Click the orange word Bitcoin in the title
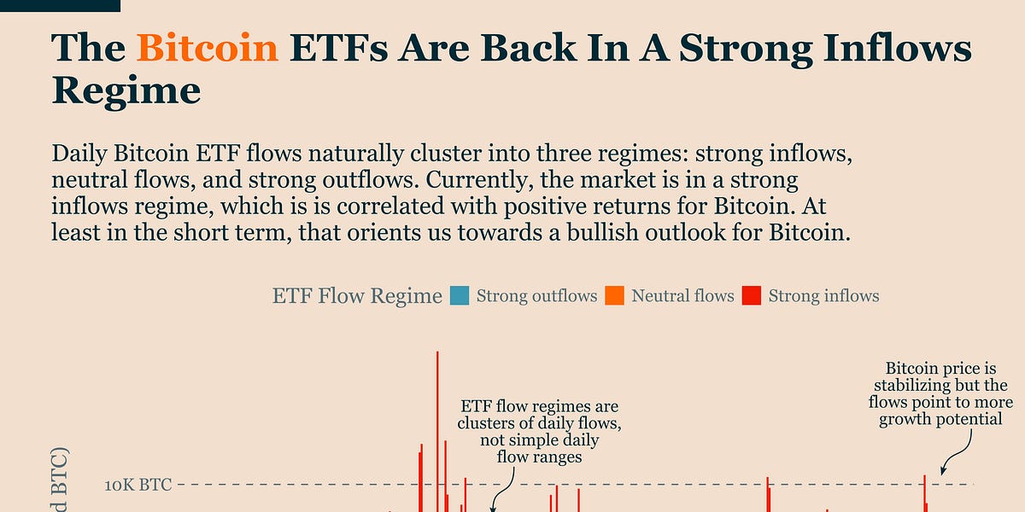(208, 49)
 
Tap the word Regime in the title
(126, 89)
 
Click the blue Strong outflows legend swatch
(460, 296)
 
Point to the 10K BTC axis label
(138, 486)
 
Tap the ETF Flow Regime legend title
(357, 296)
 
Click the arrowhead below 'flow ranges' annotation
(493, 509)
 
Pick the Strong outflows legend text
(536, 296)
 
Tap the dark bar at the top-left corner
(60, 5)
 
